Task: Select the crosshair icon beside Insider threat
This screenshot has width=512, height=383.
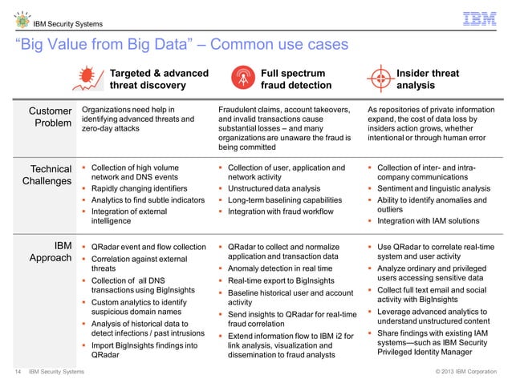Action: point(380,79)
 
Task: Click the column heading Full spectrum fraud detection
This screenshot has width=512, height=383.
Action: point(295,79)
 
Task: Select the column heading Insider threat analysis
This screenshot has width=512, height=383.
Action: point(428,79)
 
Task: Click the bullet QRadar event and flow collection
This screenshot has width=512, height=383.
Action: point(148,246)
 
